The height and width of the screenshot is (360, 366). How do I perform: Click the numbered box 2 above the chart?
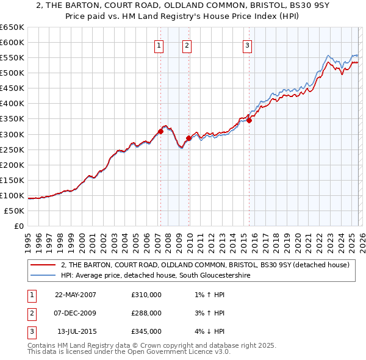click(x=187, y=45)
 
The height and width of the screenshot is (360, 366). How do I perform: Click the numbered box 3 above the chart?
click(x=247, y=45)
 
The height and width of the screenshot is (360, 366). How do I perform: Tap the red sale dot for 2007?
click(x=160, y=131)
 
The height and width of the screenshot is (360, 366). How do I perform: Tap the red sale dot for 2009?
click(x=188, y=138)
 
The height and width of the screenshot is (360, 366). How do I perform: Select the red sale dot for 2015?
click(x=249, y=120)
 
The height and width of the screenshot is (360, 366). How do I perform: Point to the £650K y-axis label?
click(x=12, y=27)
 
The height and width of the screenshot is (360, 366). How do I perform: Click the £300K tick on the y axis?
click(x=12, y=134)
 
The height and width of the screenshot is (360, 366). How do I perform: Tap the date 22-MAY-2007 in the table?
click(x=76, y=295)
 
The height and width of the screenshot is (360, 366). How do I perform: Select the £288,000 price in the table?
click(x=146, y=313)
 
